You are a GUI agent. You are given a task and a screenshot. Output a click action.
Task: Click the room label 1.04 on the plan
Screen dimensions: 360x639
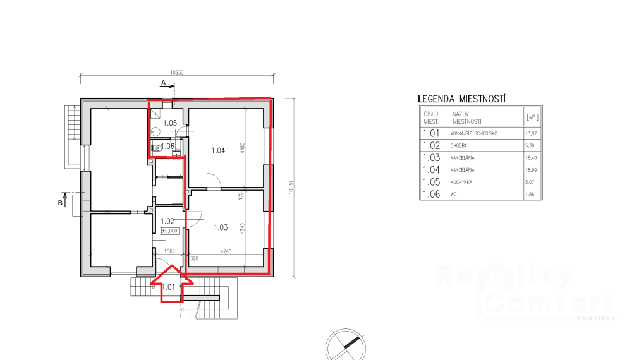coord(218,150)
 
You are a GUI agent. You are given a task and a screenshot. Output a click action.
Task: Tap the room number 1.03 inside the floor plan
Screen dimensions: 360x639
coord(220,227)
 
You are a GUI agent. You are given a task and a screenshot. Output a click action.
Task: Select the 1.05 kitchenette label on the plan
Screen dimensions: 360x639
coord(169,123)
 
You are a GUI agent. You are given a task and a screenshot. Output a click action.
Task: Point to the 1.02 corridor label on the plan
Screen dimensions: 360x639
coord(167,221)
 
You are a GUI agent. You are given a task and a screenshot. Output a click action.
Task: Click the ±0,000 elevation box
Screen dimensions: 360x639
coord(170,231)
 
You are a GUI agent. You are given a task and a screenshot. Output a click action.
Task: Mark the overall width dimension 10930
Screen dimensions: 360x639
coord(176,73)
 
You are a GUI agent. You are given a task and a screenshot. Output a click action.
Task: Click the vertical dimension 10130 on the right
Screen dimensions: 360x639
coord(291,188)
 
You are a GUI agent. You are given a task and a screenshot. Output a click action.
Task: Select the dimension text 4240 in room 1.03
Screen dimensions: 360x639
coord(226,251)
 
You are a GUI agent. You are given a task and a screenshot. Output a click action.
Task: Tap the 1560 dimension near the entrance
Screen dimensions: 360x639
coord(169,251)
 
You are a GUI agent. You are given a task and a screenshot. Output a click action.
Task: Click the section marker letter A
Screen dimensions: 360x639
coord(162,83)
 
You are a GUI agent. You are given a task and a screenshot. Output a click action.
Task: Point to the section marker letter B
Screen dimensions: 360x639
coord(61,203)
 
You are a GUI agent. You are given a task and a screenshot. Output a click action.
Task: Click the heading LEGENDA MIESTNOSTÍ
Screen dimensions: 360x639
coord(464,99)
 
